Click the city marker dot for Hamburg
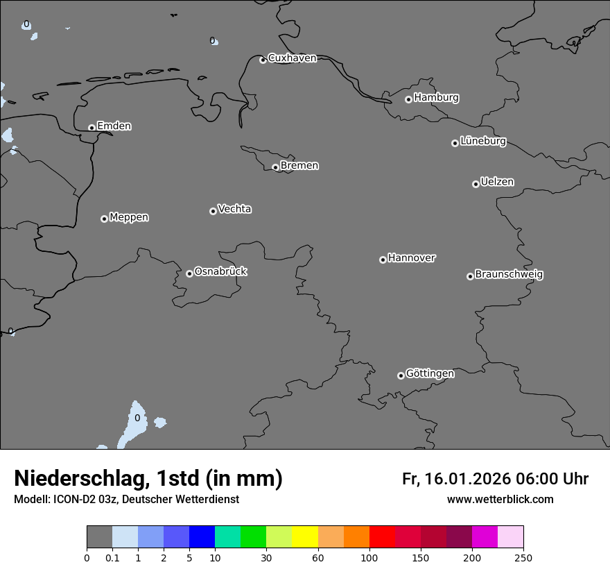tap(408, 99)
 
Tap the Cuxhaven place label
tap(292, 58)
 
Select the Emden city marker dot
tap(91, 128)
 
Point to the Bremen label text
tap(299, 165)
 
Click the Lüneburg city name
tap(483, 141)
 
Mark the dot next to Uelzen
tap(476, 184)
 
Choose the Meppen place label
tap(129, 217)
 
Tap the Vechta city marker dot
tap(213, 211)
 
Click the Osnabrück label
tap(220, 271)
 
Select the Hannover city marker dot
tap(383, 260)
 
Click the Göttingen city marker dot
tap(401, 375)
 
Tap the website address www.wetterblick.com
tap(500, 499)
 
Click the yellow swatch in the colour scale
tap(305, 537)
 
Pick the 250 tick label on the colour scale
tap(523, 557)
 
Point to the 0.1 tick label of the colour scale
tap(112, 557)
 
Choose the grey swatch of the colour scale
tap(99, 537)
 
